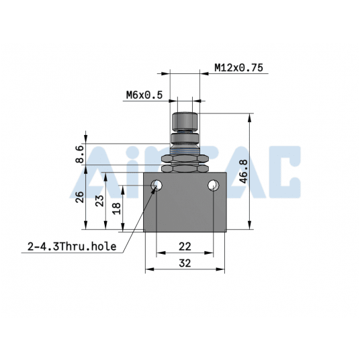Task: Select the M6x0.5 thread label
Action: coord(144,95)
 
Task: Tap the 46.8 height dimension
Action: coord(243,171)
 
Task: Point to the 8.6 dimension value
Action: coord(79,154)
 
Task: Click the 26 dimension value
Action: coord(79,199)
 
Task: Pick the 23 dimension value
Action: coord(99,201)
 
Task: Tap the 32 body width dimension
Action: coord(185,264)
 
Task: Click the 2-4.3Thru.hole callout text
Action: coord(72,246)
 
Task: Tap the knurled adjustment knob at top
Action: coord(185,122)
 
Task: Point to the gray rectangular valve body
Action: coord(185,212)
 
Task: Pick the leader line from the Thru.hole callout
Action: coord(138,218)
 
